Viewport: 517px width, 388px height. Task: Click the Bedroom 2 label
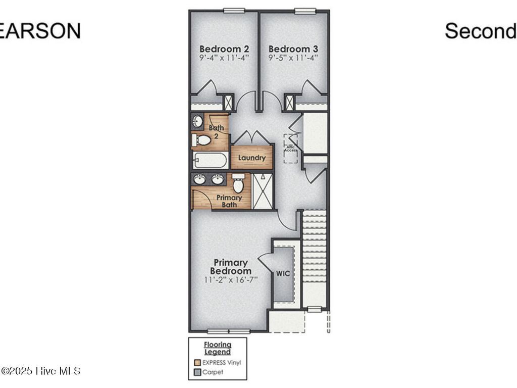pos(224,49)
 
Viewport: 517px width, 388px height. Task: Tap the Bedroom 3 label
pos(293,49)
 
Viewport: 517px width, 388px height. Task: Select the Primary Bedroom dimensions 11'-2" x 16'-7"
pos(230,280)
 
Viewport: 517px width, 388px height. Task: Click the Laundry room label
pos(251,158)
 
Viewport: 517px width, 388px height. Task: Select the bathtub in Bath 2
pos(210,161)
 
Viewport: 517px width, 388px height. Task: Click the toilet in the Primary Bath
pos(238,184)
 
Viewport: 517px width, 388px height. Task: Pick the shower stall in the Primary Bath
pos(263,191)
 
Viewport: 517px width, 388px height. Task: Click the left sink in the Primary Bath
pos(200,179)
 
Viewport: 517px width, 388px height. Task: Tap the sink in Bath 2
pos(198,121)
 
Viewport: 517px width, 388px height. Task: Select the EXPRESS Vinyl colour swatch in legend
pos(198,362)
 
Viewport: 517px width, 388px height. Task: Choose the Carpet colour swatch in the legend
pos(198,372)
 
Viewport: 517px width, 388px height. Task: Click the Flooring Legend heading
pos(218,348)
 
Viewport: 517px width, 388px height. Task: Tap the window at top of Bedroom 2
pos(234,10)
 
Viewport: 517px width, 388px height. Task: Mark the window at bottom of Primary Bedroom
pos(229,331)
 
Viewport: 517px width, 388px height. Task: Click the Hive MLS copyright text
pos(40,371)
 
